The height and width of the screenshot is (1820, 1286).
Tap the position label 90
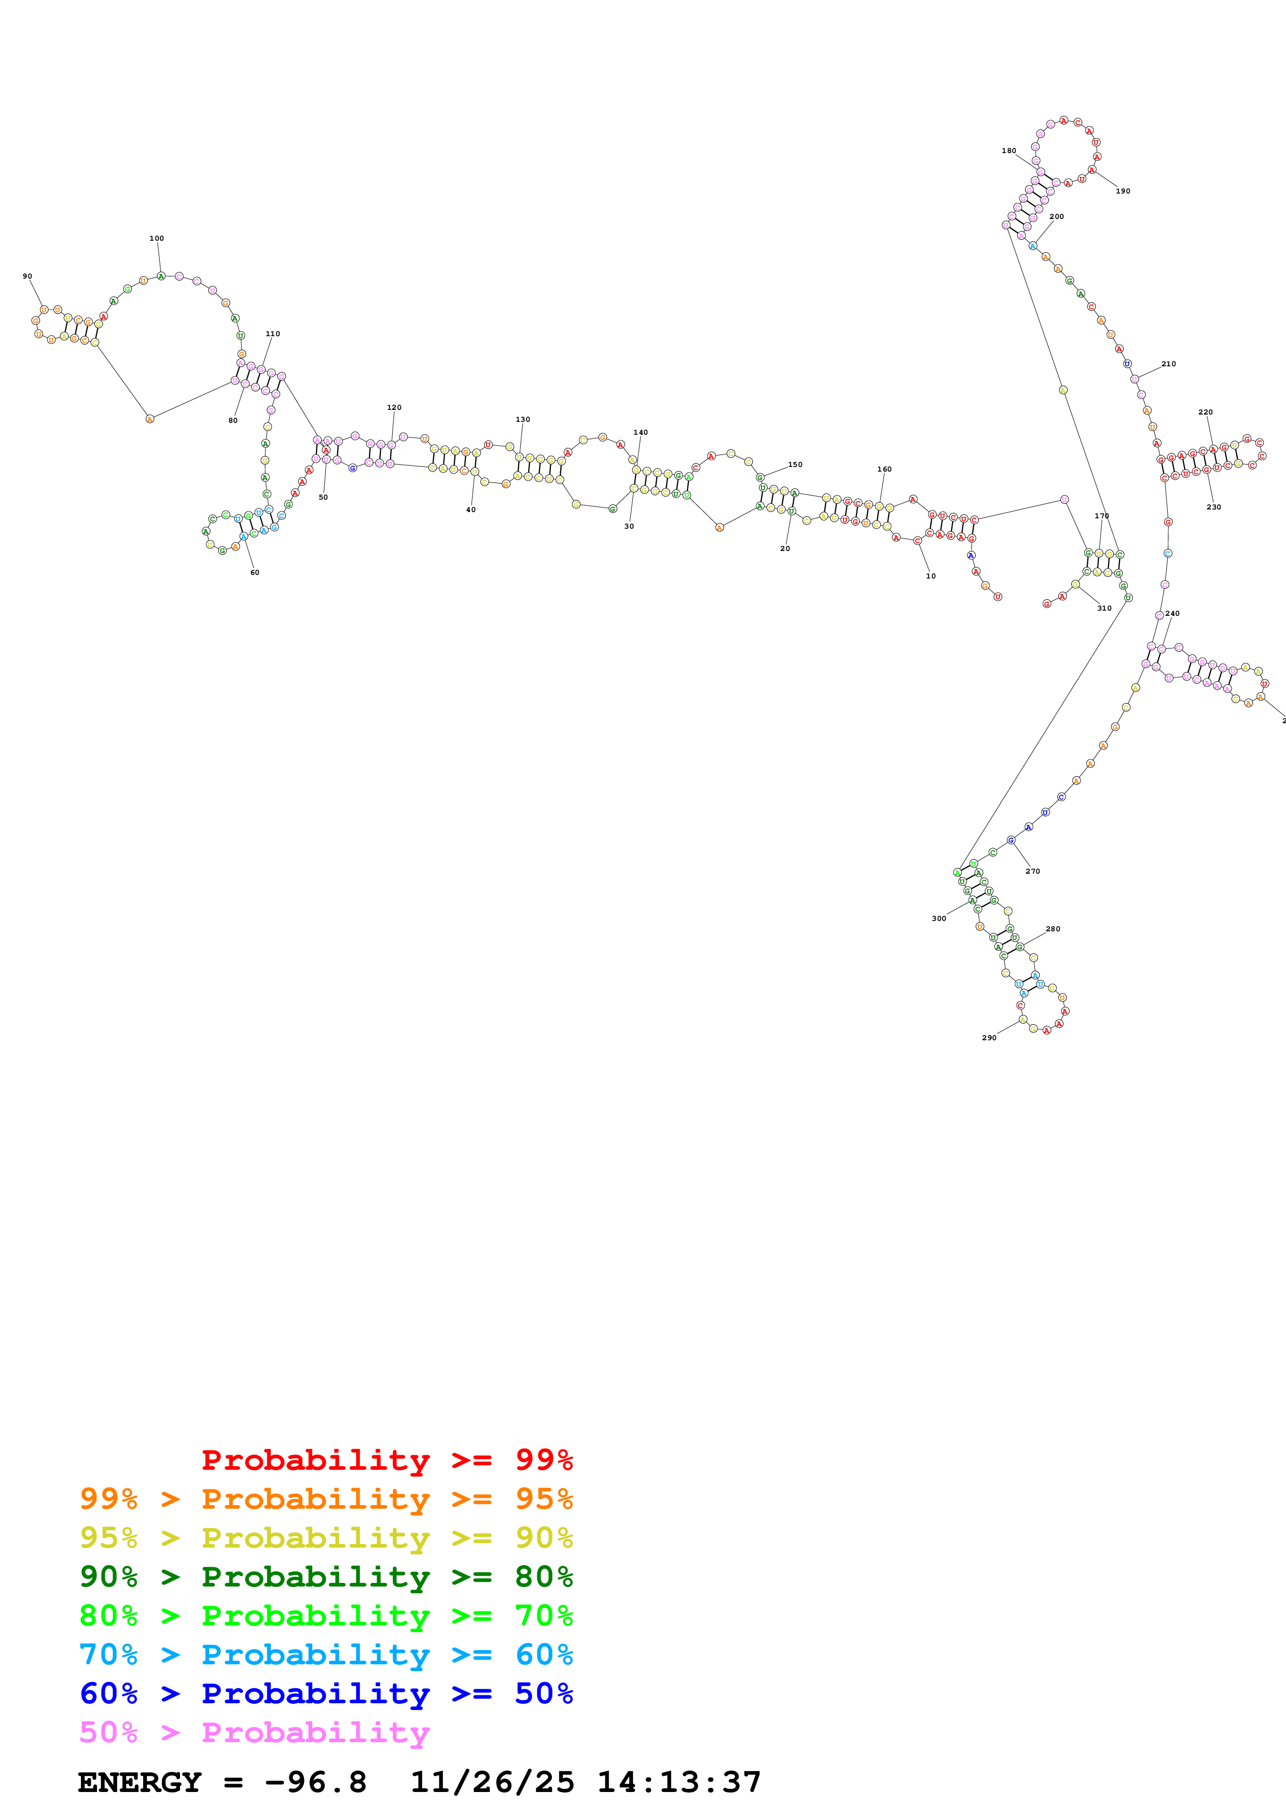[27, 277]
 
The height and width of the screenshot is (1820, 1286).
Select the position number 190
[1123, 191]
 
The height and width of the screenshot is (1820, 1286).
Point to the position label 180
[1008, 150]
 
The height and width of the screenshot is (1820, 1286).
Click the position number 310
[1104, 608]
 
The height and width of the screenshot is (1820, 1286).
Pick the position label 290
[989, 1038]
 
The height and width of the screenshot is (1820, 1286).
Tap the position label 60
[254, 572]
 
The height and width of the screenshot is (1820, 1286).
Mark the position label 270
[1032, 871]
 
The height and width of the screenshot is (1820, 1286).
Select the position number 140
[640, 433]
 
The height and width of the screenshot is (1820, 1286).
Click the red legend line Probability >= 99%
[386, 1459]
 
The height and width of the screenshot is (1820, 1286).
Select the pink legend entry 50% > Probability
[254, 1733]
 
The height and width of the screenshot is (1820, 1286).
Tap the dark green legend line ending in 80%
[326, 1577]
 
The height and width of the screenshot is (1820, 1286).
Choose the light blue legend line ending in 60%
[326, 1654]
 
